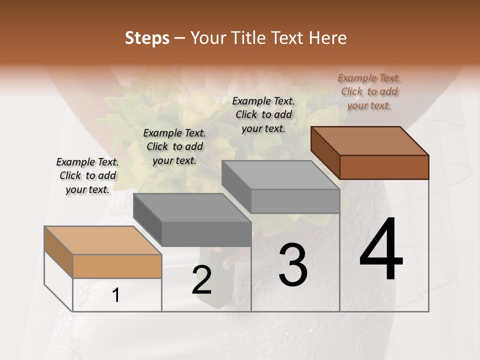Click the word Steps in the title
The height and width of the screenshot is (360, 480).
(x=147, y=38)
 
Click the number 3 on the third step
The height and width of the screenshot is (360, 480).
(x=293, y=265)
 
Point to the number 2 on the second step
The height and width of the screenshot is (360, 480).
(x=201, y=280)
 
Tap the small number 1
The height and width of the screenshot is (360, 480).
(x=116, y=295)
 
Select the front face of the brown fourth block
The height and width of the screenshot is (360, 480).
(x=384, y=167)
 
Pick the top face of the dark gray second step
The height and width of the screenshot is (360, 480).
(x=192, y=207)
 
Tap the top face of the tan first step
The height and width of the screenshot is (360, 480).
(x=102, y=240)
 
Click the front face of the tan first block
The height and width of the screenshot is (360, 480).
(x=117, y=266)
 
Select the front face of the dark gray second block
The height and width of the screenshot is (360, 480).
(x=206, y=234)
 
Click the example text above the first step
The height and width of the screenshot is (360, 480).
(x=87, y=175)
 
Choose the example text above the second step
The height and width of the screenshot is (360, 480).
(x=174, y=146)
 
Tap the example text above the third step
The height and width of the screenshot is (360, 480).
(x=263, y=114)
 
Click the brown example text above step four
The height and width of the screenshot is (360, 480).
(x=369, y=91)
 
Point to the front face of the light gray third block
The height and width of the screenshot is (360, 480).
(x=295, y=201)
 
